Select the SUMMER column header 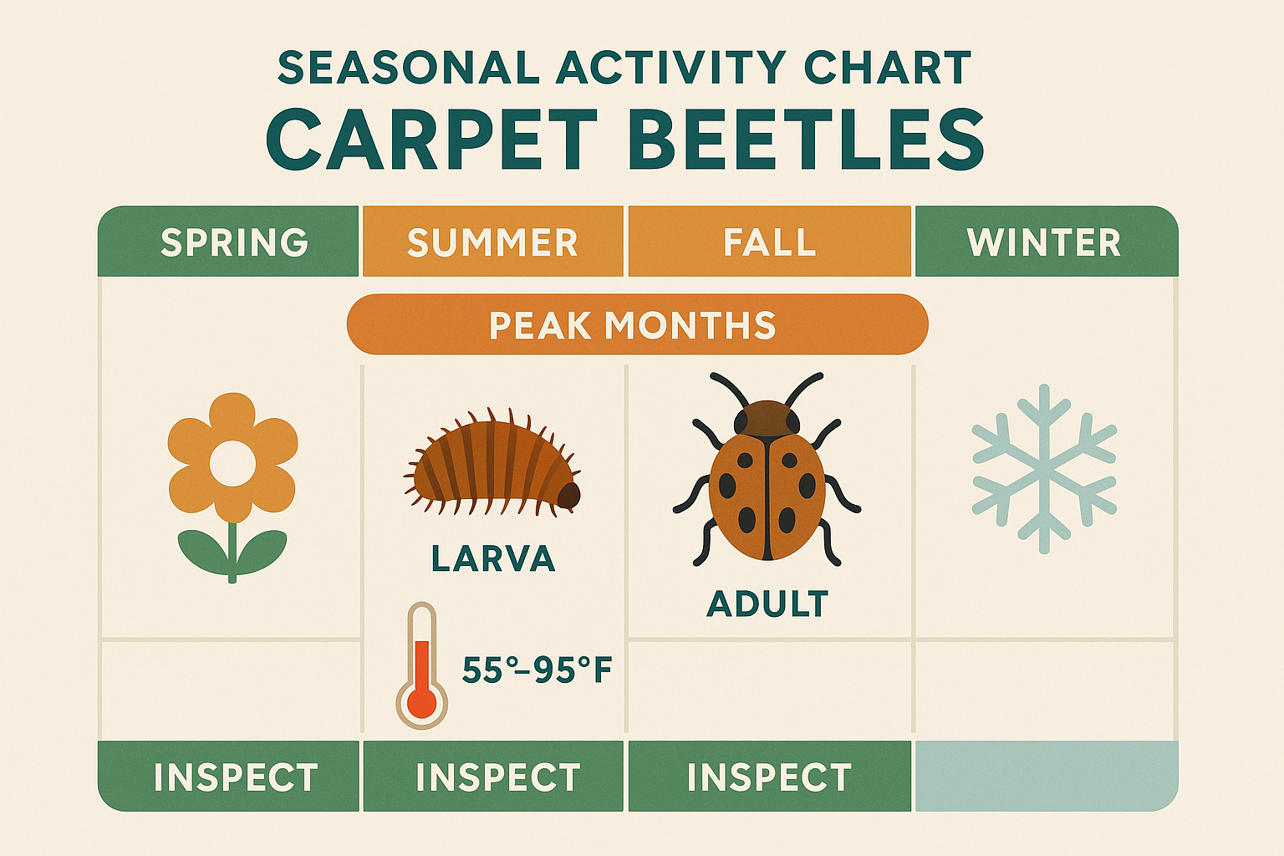click(492, 242)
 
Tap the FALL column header click(769, 242)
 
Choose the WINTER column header click(1045, 242)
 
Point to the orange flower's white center click(232, 464)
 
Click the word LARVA click(493, 558)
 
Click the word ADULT click(767, 604)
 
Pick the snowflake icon click(1044, 469)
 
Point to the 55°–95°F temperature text click(538, 670)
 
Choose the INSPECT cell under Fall click(769, 777)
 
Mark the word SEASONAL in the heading click(408, 69)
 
